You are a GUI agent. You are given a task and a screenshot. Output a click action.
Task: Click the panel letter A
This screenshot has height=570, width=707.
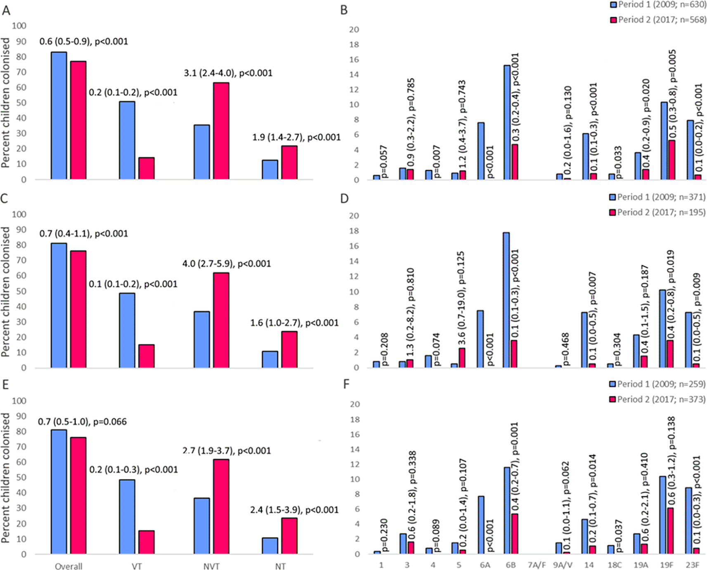pyautogui.click(x=6, y=10)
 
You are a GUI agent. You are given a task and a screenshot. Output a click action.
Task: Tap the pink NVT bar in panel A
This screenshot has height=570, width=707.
pyautogui.click(x=221, y=131)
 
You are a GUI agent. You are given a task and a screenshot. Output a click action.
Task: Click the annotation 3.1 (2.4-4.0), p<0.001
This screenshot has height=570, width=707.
pyautogui.click(x=228, y=73)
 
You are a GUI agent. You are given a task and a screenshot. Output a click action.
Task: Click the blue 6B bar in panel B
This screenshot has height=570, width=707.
pyautogui.click(x=507, y=122)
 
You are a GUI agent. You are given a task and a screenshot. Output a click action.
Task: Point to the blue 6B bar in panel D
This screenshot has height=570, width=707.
pyautogui.click(x=506, y=300)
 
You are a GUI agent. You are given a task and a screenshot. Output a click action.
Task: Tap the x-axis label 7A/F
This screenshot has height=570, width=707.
pyautogui.click(x=536, y=565)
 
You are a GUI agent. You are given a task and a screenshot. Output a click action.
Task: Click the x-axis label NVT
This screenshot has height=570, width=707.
pyautogui.click(x=211, y=566)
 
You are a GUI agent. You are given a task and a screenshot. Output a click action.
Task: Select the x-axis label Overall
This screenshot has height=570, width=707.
pyautogui.click(x=69, y=566)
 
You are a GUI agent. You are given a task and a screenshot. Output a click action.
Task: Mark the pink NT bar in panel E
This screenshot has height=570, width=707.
pyautogui.click(x=289, y=536)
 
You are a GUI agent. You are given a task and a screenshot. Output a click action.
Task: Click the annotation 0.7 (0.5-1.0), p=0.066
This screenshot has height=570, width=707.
pyautogui.click(x=82, y=422)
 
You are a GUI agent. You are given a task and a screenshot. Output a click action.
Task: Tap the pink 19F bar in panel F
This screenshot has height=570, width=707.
pyautogui.click(x=670, y=531)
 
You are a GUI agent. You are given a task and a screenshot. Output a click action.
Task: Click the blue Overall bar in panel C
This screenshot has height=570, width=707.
pyautogui.click(x=59, y=305)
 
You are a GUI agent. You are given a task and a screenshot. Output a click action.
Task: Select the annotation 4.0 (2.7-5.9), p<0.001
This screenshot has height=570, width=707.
pyautogui.click(x=227, y=264)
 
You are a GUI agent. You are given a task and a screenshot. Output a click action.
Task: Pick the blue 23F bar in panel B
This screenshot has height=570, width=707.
pyautogui.click(x=690, y=150)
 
